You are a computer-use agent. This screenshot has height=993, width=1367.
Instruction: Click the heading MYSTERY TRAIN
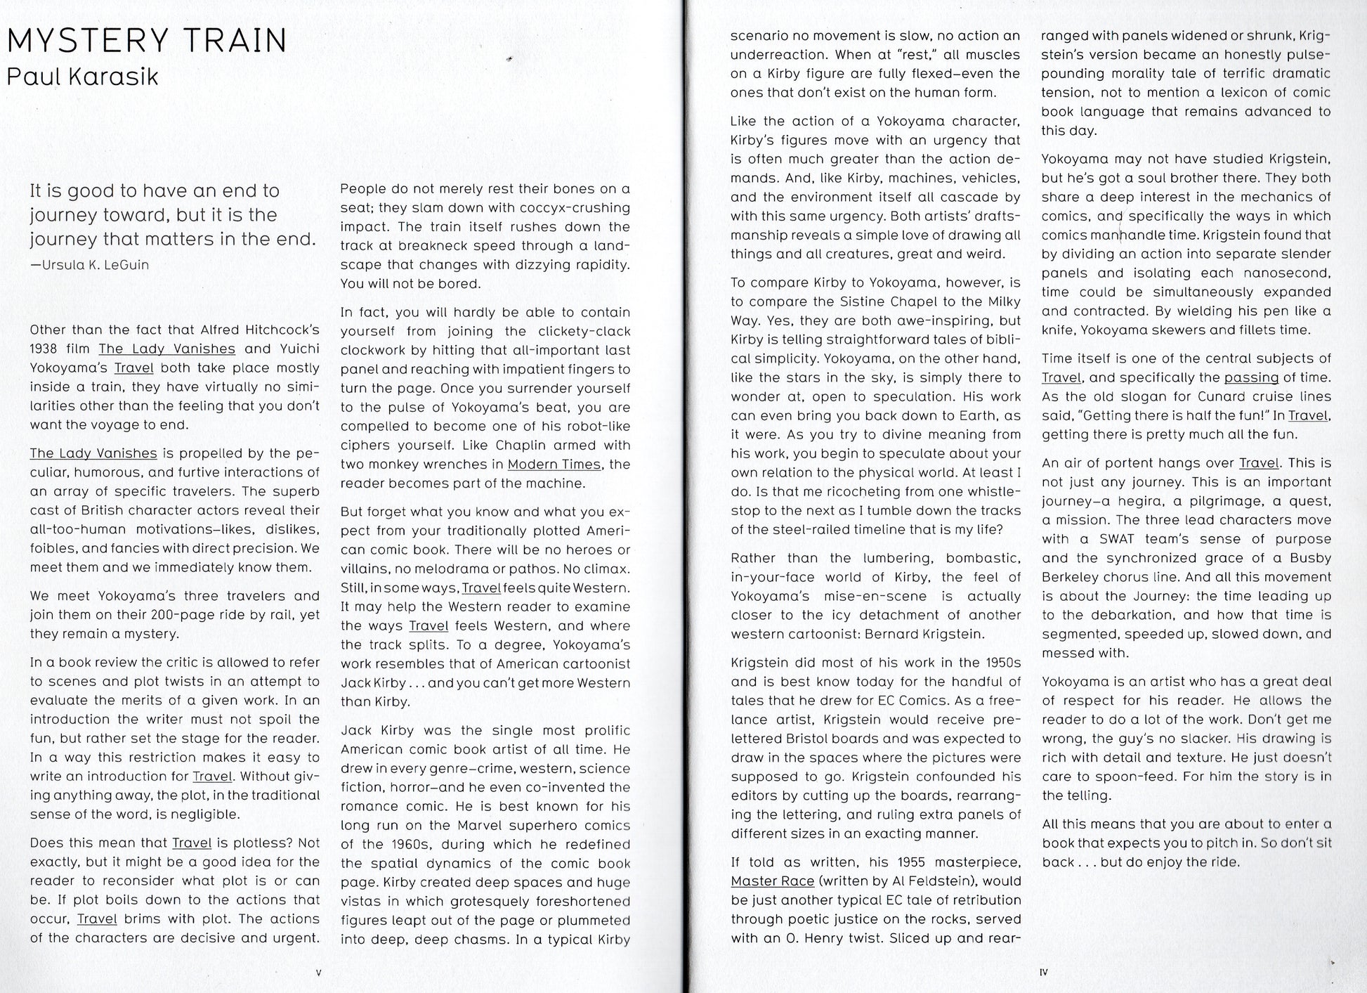(x=147, y=41)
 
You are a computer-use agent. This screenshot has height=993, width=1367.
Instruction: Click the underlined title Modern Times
(x=554, y=465)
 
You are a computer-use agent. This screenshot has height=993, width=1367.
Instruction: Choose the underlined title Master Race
(x=772, y=881)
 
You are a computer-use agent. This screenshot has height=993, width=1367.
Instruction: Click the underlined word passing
(x=1251, y=377)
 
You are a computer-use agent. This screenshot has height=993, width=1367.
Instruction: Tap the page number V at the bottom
(x=318, y=973)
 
